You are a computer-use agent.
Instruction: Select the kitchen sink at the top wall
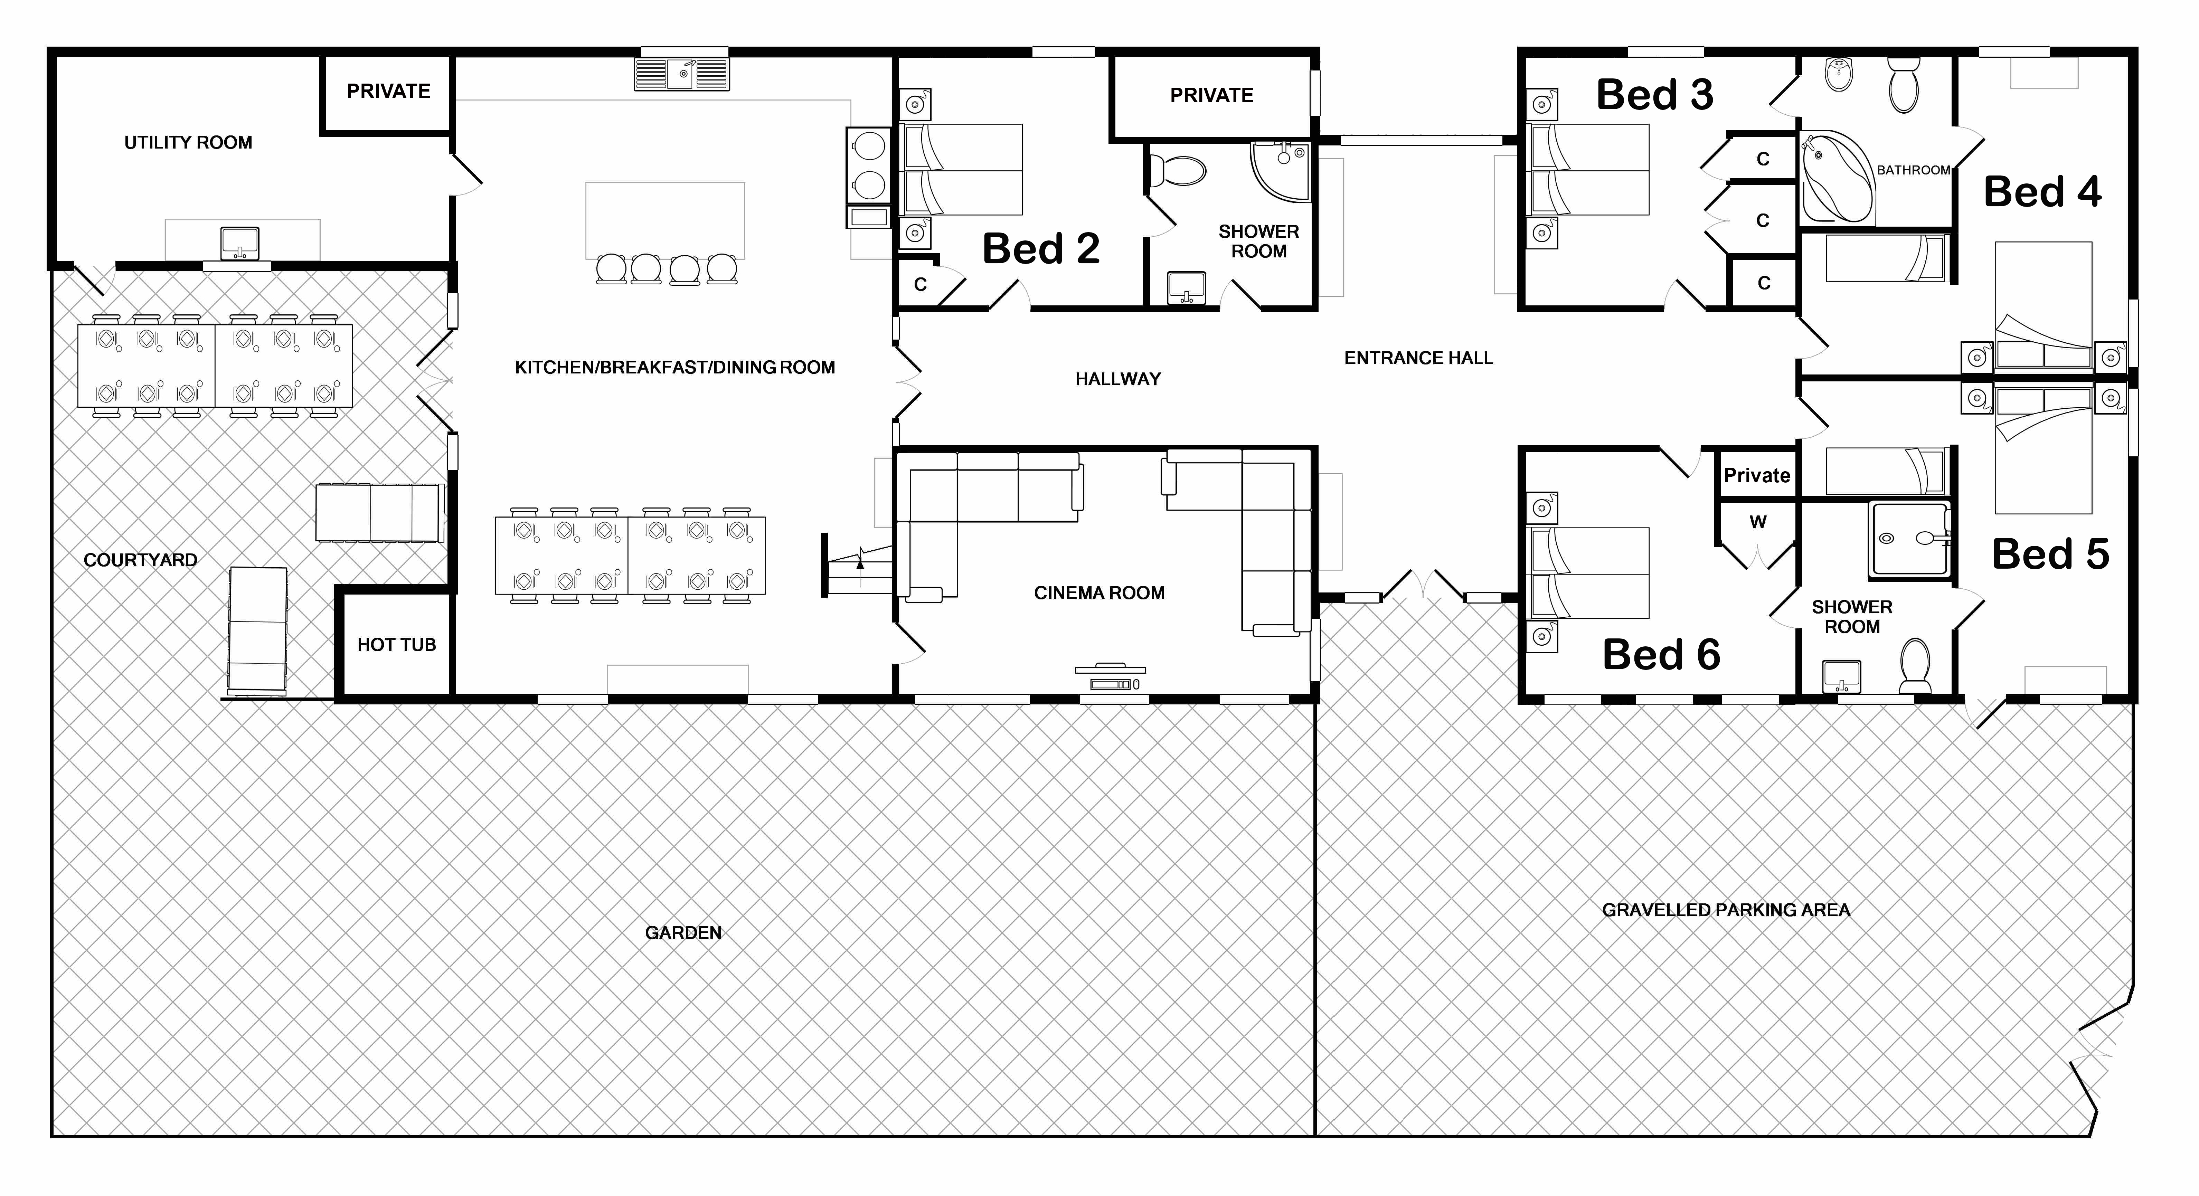tap(681, 74)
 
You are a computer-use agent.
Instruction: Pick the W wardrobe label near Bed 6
tap(1758, 522)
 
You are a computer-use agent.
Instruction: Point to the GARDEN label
tap(683, 932)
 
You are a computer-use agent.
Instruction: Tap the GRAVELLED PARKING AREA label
tap(1726, 910)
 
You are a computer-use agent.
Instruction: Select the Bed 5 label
tap(2050, 554)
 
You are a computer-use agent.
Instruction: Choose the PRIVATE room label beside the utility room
tap(388, 91)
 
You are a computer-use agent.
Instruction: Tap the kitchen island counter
tap(665, 220)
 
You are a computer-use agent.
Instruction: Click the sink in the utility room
tap(240, 243)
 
